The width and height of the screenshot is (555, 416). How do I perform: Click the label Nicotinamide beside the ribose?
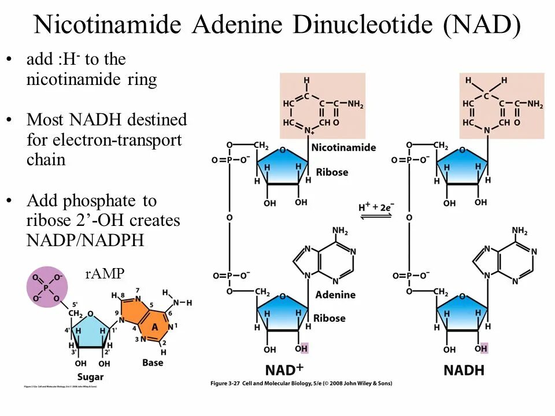pos(343,147)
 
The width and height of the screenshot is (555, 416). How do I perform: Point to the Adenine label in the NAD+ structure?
pos(335,295)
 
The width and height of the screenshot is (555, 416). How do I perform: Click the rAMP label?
pos(105,274)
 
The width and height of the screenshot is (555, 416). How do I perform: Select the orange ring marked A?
pos(154,325)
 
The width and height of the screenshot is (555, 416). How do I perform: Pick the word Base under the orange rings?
pos(153,363)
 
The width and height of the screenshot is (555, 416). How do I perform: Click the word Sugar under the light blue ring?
pos(90,377)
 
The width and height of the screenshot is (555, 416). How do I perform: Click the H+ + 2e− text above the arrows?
pos(376,206)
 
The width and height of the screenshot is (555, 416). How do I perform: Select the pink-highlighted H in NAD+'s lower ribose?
pos(305,348)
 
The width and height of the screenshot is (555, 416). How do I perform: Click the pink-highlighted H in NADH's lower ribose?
pos(484,348)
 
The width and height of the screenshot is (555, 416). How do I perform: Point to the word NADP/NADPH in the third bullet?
pos(84,240)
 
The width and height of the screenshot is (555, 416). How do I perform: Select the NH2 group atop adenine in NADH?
pos(519,231)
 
